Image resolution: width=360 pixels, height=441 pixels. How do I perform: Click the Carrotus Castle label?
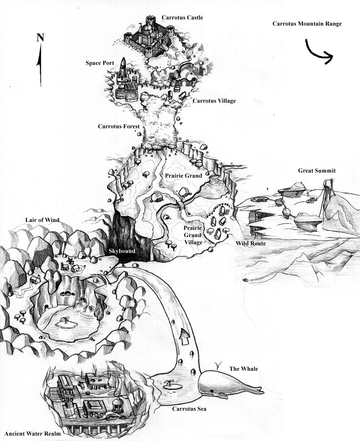(182, 17)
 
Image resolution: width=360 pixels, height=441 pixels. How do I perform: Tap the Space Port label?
(100, 63)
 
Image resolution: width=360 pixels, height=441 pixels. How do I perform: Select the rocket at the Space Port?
(123, 69)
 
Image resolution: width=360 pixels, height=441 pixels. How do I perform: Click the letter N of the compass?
(40, 37)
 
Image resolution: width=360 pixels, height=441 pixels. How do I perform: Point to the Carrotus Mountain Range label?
(307, 24)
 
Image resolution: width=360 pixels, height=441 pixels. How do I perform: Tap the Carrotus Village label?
(214, 101)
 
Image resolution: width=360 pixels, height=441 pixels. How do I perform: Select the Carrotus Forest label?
(119, 126)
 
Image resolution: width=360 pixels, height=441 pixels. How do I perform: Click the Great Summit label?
(317, 171)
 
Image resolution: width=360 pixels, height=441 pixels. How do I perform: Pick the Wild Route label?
(251, 244)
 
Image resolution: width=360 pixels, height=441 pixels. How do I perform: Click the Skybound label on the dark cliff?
(122, 251)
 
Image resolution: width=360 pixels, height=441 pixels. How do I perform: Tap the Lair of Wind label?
(42, 220)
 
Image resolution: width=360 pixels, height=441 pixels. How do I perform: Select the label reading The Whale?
(243, 369)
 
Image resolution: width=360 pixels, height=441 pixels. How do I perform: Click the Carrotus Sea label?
(189, 409)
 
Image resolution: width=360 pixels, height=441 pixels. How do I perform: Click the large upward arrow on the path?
(185, 336)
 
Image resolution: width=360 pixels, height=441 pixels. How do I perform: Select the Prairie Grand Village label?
(193, 235)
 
